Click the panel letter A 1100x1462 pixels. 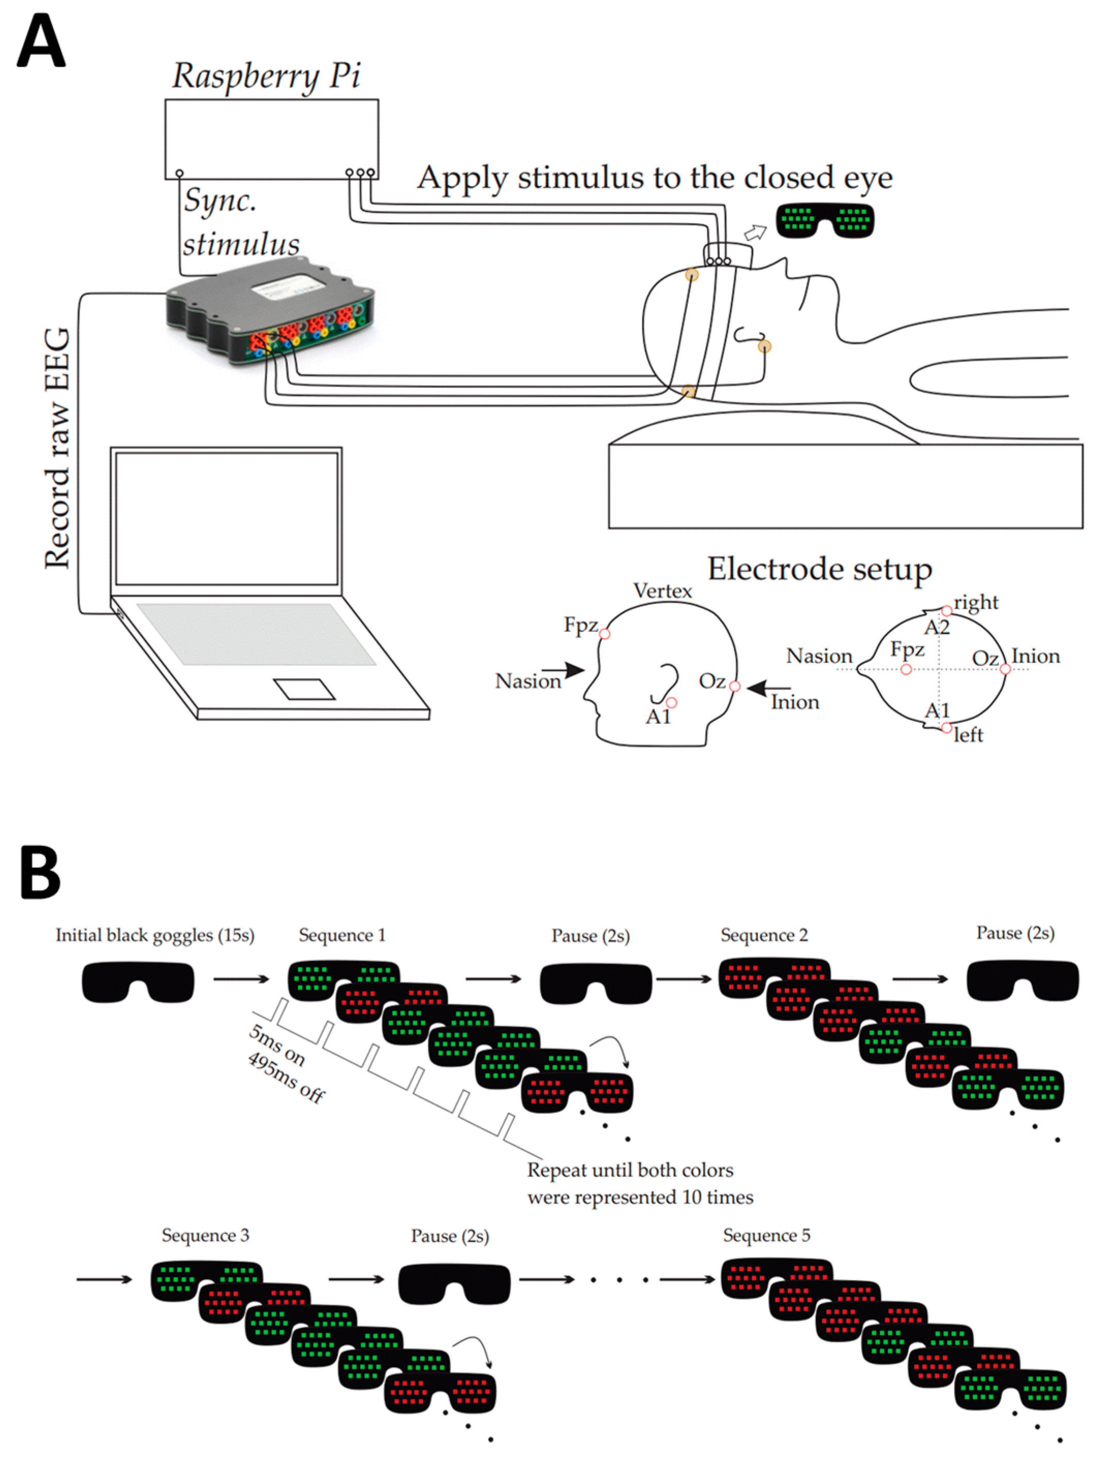click(x=41, y=40)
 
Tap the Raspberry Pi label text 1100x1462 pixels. click(x=267, y=76)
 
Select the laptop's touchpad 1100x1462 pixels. click(x=304, y=689)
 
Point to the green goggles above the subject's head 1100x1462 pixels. click(x=825, y=220)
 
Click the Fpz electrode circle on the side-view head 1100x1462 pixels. click(x=604, y=634)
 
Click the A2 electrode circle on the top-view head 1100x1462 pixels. click(x=947, y=611)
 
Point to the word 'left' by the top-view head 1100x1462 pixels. click(x=968, y=735)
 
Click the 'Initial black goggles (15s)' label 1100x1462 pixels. click(x=154, y=935)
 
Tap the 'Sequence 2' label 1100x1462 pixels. click(x=764, y=935)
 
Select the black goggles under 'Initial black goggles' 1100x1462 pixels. click(x=138, y=982)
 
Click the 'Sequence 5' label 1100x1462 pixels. click(x=767, y=1235)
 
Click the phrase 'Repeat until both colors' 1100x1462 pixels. click(x=630, y=1170)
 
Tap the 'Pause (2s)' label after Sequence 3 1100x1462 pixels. click(x=450, y=1236)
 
